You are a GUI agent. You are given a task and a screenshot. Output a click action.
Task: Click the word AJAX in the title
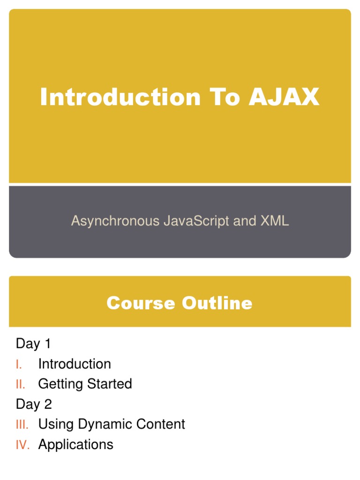tap(284, 97)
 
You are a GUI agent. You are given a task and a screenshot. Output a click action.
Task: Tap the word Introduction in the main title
tap(120, 97)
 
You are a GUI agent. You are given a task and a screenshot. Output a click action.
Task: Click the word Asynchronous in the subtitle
tap(115, 221)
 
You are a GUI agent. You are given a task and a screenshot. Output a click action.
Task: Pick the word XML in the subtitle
tap(275, 221)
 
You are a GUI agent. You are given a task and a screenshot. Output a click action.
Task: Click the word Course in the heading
tap(141, 303)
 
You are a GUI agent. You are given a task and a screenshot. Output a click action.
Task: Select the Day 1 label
tap(33, 344)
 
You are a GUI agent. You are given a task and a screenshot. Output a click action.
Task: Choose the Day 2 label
tap(34, 404)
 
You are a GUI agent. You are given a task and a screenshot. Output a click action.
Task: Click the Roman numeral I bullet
tap(19, 364)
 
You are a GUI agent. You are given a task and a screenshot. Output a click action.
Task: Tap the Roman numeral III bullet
tap(22, 425)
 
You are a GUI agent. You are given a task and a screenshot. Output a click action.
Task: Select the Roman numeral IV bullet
tap(22, 445)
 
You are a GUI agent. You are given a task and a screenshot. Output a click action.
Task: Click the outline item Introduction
tap(75, 364)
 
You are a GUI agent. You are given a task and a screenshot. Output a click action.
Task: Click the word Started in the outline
tap(109, 384)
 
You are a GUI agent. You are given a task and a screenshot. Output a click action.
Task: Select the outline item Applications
tap(75, 445)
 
